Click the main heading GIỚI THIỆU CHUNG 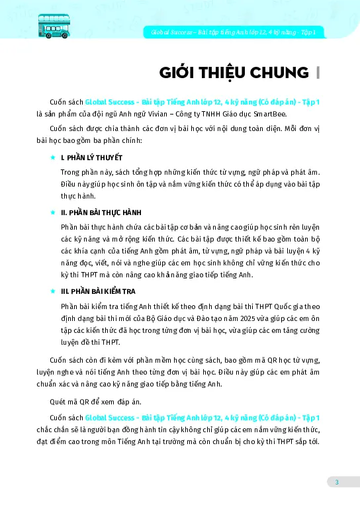[228, 72]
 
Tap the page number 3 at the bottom [336, 482]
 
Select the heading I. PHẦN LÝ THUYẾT [91, 158]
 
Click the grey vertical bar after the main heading [318, 72]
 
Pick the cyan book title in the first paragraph [202, 101]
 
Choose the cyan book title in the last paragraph [202, 418]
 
